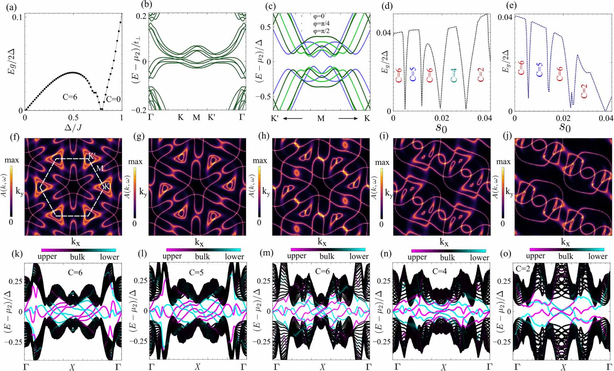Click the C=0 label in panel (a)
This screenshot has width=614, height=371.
[x=114, y=99]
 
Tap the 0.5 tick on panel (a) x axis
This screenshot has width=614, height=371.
[x=73, y=118]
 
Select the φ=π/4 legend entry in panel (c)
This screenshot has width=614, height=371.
[x=321, y=23]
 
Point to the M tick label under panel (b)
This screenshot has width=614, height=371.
[x=196, y=117]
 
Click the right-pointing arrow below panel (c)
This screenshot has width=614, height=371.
[x=348, y=118]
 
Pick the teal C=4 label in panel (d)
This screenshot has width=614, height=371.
[x=453, y=76]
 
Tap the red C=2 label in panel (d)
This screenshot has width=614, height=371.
[x=481, y=75]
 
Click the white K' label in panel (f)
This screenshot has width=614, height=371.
[x=92, y=156]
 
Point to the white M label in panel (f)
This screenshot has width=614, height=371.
[x=100, y=168]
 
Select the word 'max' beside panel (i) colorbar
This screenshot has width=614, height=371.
[x=382, y=162]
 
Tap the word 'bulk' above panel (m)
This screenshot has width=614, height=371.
[x=326, y=256]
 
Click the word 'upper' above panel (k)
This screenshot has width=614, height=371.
[x=47, y=257]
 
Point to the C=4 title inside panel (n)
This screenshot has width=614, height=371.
[x=441, y=271]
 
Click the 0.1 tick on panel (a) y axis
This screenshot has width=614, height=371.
[x=17, y=17]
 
